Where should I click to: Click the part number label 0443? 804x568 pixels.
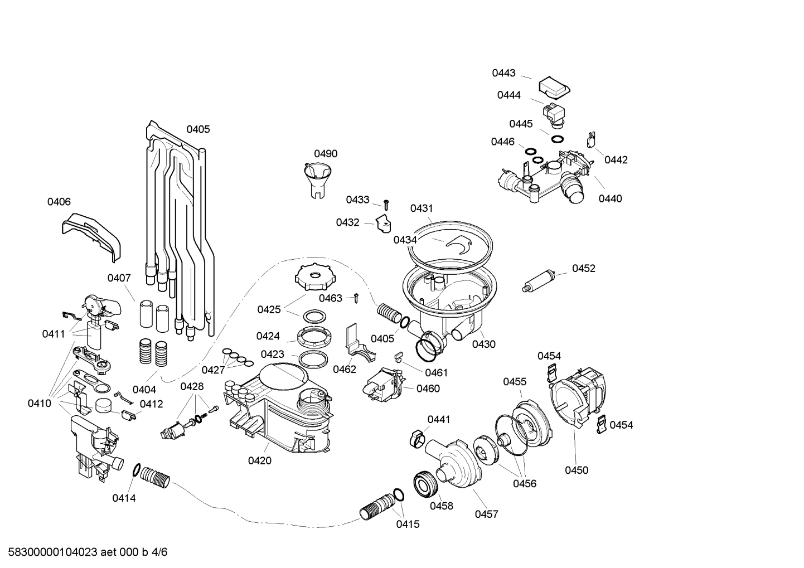503,73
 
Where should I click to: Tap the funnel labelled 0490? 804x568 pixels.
317,177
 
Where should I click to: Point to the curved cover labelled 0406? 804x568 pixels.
91,235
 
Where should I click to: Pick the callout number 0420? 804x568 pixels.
259,460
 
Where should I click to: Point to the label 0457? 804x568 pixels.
486,514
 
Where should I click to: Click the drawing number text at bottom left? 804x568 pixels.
84,552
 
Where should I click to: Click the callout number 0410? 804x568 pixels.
39,403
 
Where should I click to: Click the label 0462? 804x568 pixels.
345,369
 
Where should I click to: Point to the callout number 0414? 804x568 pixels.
124,498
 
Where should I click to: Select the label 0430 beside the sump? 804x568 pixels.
483,344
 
